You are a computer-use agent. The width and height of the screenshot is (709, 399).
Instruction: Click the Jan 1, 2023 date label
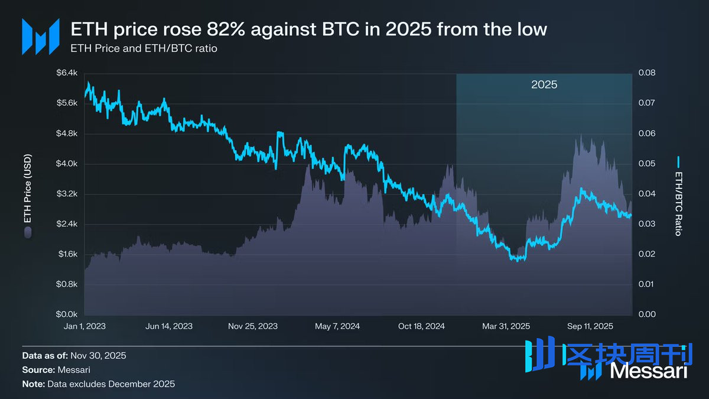click(85, 326)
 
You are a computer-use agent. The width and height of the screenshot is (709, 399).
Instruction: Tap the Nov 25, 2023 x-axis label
click(253, 326)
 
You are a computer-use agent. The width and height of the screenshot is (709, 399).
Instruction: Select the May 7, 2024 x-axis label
click(337, 326)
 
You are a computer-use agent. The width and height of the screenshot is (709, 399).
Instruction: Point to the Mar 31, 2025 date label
click(506, 326)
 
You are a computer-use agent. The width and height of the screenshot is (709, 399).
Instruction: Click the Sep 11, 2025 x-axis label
click(590, 326)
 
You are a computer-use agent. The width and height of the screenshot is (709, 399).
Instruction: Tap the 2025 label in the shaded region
click(544, 85)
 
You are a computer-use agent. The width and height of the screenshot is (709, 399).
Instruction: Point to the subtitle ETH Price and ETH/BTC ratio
click(144, 48)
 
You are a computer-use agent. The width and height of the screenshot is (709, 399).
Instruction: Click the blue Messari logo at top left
click(40, 37)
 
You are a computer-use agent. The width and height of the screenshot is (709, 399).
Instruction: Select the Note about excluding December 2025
click(99, 384)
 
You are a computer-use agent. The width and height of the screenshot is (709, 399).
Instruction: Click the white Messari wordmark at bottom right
click(649, 371)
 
